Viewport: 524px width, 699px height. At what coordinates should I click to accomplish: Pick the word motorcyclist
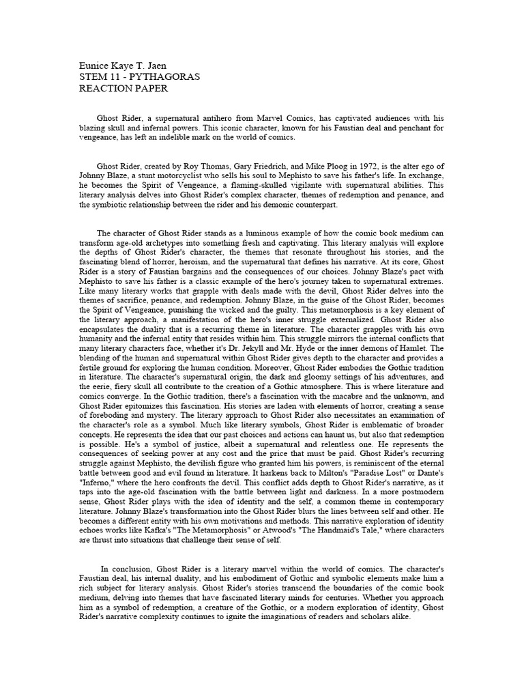click(x=162, y=175)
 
